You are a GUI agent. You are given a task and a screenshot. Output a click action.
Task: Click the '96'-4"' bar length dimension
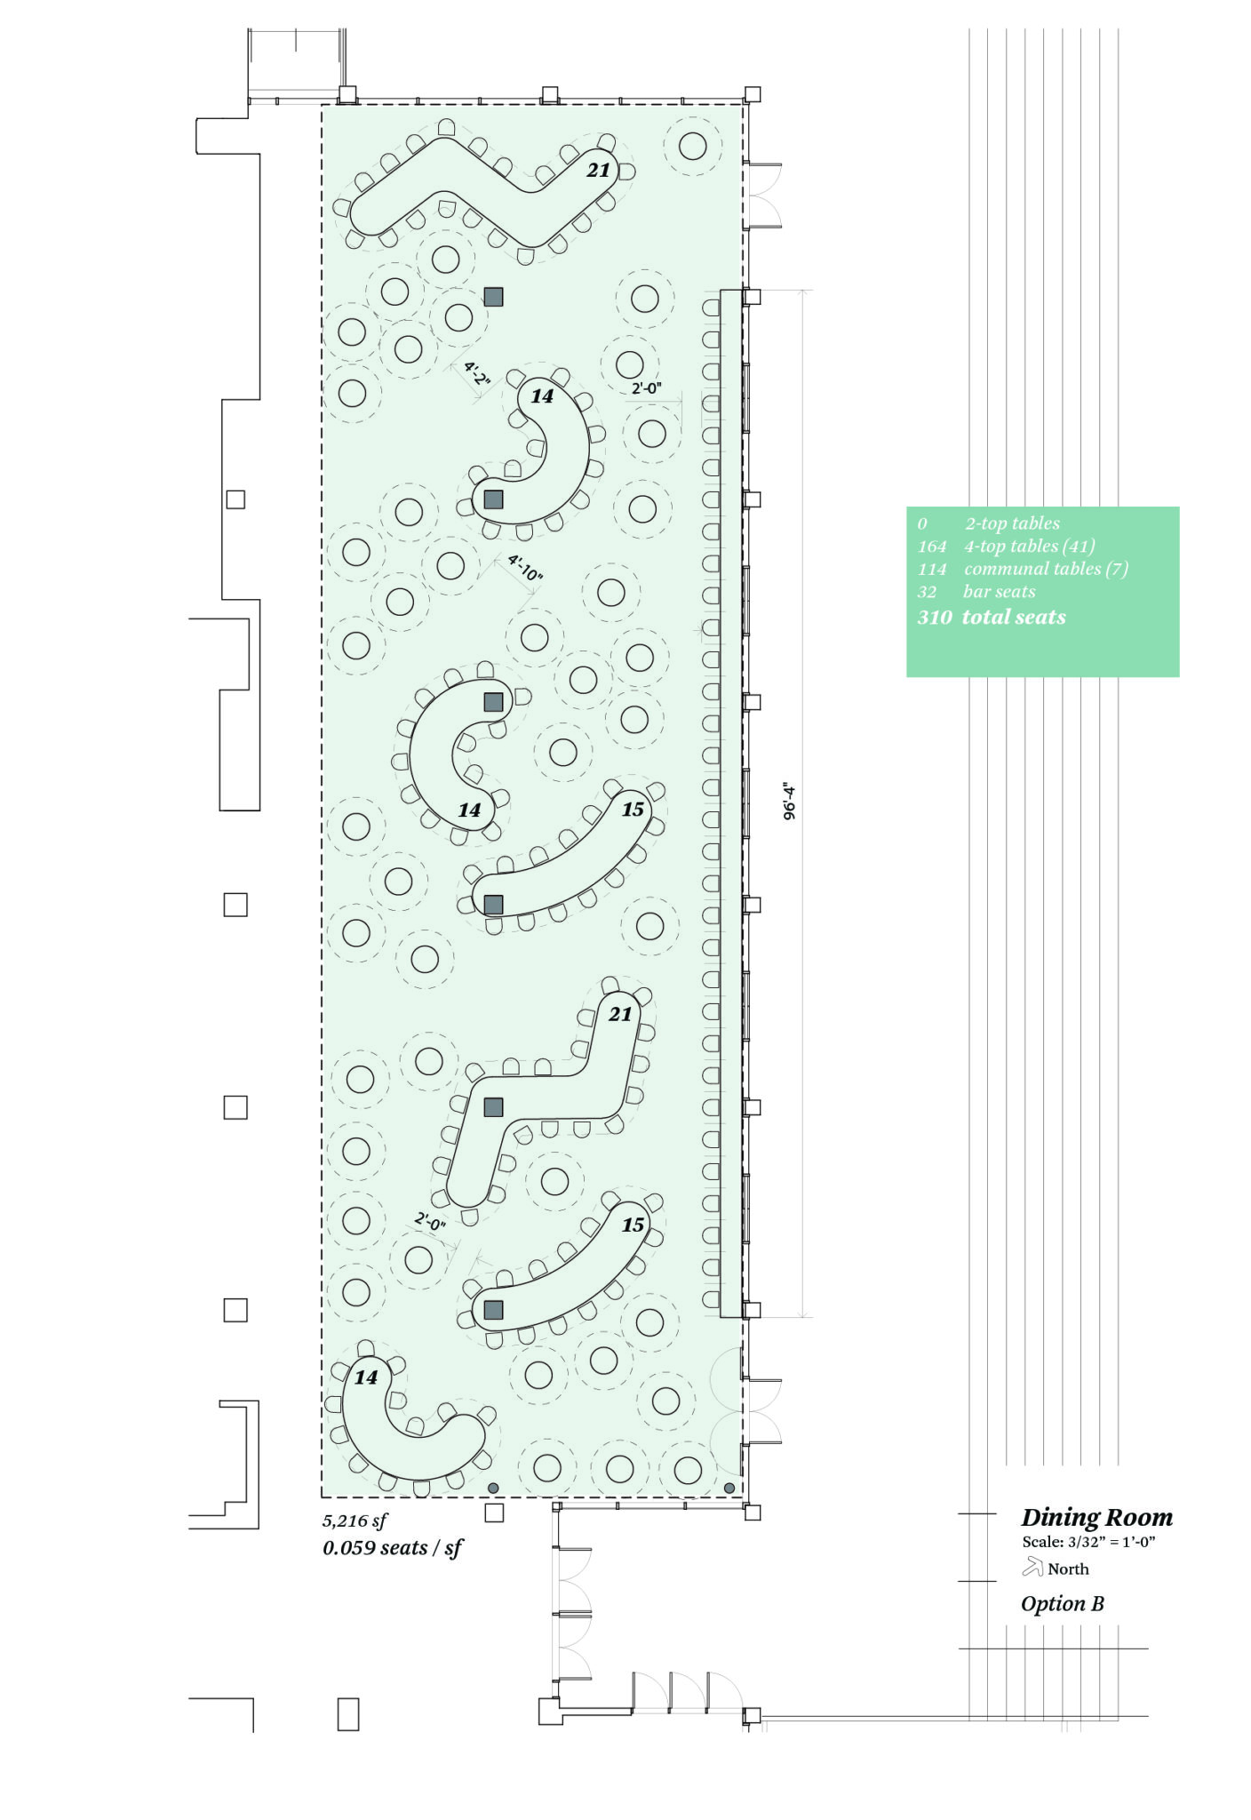789,801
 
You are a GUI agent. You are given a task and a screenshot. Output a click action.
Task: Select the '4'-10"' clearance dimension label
524,568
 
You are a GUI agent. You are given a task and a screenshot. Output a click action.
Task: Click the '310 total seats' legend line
992,617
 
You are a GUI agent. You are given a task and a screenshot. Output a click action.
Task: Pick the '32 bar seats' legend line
976,592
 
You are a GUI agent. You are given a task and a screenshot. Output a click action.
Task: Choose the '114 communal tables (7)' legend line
1023,569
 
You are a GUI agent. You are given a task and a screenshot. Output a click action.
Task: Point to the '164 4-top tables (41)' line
1006,546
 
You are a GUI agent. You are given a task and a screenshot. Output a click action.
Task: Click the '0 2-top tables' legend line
989,523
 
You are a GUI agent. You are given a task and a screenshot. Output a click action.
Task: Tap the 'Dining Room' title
1096,1517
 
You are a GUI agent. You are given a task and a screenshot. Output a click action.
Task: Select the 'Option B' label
1063,1604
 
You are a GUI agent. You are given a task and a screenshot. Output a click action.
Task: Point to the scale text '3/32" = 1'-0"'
1112,1542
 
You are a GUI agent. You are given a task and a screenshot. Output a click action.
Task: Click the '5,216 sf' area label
355,1521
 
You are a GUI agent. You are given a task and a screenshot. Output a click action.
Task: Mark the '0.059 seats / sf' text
393,1548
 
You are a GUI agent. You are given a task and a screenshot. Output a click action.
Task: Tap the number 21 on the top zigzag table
599,170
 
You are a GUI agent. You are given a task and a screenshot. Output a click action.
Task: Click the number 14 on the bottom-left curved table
366,1377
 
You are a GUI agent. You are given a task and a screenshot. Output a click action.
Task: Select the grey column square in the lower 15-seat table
493,1310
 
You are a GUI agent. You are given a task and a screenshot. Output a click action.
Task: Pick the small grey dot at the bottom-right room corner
729,1488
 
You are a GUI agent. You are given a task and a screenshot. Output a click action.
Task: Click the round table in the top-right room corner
693,146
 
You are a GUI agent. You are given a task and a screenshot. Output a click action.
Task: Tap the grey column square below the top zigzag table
493,297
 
